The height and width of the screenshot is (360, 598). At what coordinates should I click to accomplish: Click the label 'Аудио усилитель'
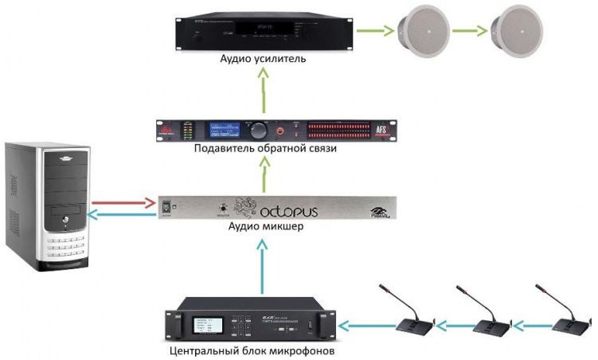click(x=262, y=59)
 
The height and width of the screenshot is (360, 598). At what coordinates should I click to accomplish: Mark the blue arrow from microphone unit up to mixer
click(x=261, y=262)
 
